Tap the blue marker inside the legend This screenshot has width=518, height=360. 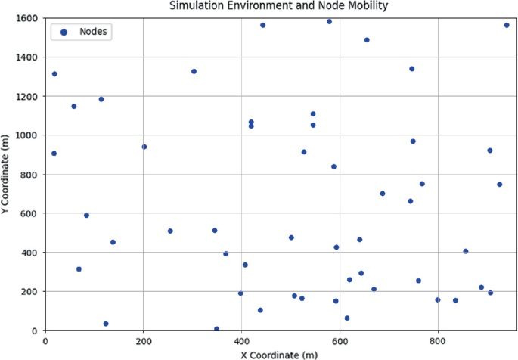[64, 32]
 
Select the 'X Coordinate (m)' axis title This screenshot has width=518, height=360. [279, 354]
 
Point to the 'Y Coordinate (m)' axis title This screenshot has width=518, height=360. [7, 174]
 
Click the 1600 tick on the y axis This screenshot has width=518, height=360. [27, 18]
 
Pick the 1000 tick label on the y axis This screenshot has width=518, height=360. [27, 135]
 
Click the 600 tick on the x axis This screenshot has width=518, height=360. [340, 341]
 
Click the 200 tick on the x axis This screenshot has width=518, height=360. [144, 341]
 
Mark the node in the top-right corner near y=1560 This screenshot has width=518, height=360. [507, 25]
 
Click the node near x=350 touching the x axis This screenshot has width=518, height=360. [217, 329]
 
